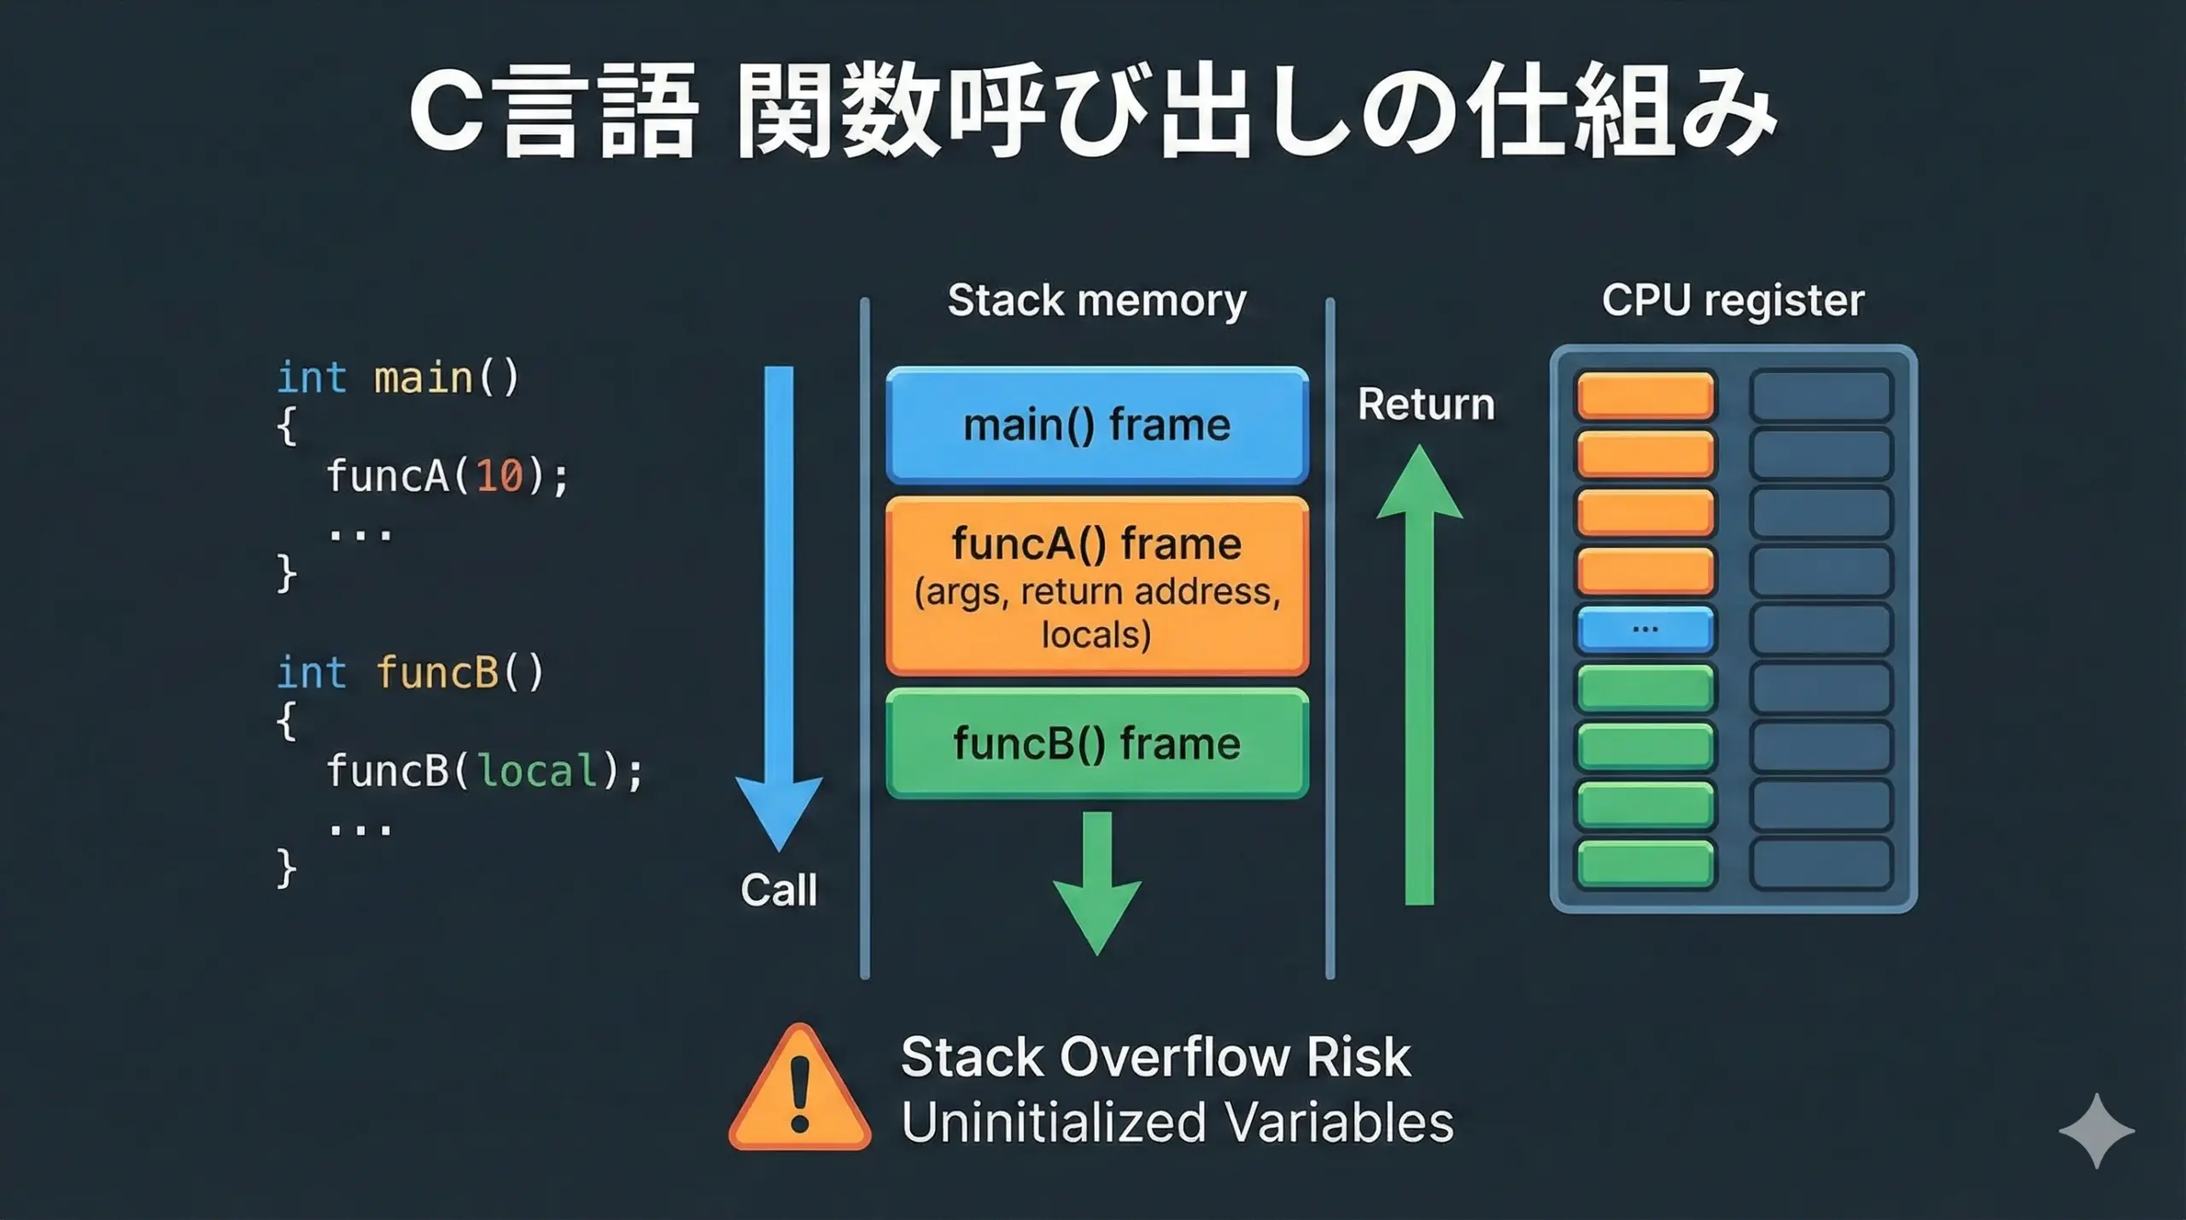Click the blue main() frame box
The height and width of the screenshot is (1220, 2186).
(1096, 424)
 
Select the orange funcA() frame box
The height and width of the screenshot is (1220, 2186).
(1096, 587)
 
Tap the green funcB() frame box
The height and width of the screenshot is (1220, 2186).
(1096, 744)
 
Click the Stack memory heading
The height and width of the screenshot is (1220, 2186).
(1096, 301)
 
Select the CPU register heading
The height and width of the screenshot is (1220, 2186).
(1733, 301)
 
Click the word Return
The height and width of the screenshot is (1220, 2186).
(1426, 404)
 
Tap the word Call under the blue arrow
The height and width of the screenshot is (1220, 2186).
(779, 890)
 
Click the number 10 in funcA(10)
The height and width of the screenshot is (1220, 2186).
(500, 476)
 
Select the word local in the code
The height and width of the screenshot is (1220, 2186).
(536, 771)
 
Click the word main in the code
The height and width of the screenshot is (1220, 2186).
(424, 378)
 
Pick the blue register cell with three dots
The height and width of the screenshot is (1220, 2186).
(1645, 629)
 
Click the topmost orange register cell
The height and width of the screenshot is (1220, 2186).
(1645, 395)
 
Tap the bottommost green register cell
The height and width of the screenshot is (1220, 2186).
(1645, 863)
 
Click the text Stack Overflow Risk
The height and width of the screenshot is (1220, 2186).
(1155, 1058)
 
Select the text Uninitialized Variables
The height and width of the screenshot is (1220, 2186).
(1177, 1122)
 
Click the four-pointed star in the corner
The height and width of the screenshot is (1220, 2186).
(2096, 1130)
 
